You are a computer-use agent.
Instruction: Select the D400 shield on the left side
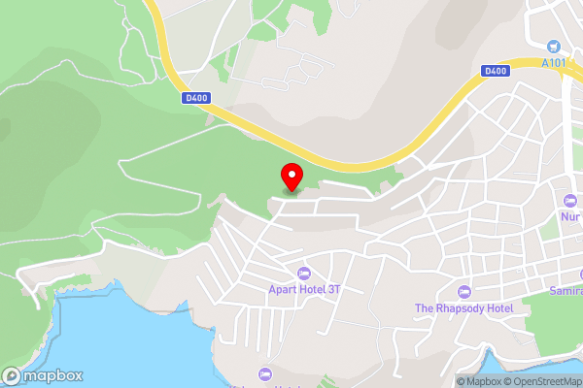coord(194,97)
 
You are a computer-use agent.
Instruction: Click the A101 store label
coord(555,64)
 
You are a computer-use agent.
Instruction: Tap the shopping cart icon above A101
coord(554,46)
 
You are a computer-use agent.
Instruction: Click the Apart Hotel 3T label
coord(304,289)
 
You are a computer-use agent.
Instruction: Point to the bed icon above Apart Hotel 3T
coord(304,273)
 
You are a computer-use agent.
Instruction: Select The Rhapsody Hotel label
coord(463,308)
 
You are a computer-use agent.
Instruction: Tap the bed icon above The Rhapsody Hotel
coord(463,292)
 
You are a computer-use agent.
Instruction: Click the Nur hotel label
coord(570,217)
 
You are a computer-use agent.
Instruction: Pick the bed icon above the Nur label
coord(571,201)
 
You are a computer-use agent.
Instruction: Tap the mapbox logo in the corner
coord(43,375)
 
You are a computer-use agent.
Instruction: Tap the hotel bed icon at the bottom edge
coord(264,374)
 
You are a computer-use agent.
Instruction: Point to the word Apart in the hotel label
coord(284,289)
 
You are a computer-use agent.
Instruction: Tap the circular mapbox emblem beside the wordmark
coord(13,375)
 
